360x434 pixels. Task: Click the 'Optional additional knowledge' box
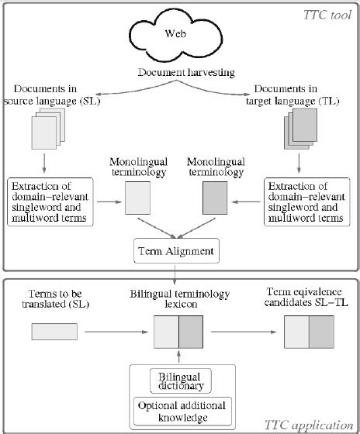[x=179, y=411]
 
